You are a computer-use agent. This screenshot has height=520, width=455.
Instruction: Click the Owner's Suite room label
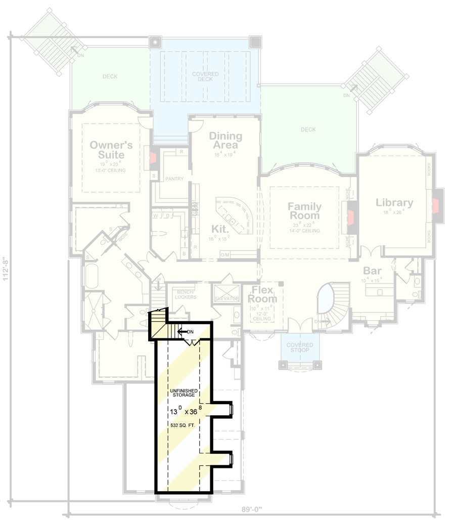pyautogui.click(x=111, y=150)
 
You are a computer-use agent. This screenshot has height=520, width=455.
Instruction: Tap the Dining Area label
pyautogui.click(x=225, y=141)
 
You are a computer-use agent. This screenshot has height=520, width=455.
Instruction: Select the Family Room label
pyautogui.click(x=304, y=210)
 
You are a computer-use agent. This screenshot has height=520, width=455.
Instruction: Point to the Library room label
pyautogui.click(x=394, y=203)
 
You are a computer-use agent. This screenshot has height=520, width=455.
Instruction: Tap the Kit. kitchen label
pyautogui.click(x=220, y=229)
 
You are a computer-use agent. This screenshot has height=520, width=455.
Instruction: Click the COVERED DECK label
pyautogui.click(x=206, y=77)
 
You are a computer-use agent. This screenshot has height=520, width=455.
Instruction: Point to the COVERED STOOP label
pyautogui.click(x=300, y=348)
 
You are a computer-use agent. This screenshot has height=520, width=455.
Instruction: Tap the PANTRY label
pyautogui.click(x=174, y=179)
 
